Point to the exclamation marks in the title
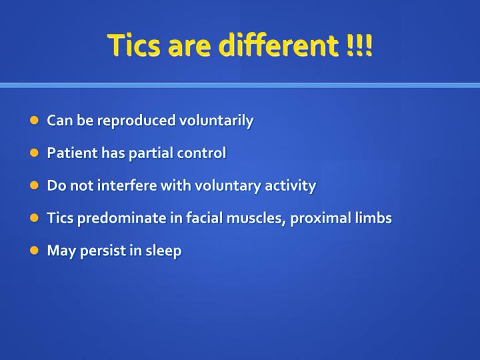[359, 45]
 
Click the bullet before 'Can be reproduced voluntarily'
[35, 121]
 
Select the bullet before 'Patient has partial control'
[35, 153]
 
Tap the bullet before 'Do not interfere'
[35, 186]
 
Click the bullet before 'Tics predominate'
[35, 219]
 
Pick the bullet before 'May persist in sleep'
[35, 251]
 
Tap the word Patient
[67, 153]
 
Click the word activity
[291, 186]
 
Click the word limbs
[373, 219]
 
